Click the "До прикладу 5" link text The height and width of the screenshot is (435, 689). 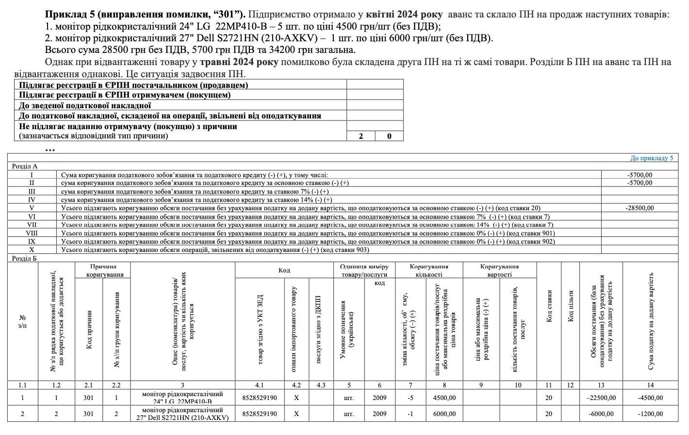tap(651, 158)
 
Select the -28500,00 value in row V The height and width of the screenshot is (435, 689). tap(640, 208)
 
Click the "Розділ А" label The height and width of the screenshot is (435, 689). tap(25, 166)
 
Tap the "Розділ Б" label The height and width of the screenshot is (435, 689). tap(25, 258)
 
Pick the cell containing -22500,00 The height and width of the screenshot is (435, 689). tap(601, 398)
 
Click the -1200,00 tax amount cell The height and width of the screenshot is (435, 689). tap(651, 414)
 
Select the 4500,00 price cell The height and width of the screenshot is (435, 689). tap(444, 398)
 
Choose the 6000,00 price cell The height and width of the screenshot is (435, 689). tap(444, 414)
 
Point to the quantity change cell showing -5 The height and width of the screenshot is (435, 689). tap(410, 398)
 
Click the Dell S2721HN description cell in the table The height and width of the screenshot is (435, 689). tap(182, 414)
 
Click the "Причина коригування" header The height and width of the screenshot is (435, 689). tap(103, 270)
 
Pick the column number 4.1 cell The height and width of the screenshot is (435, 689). tap(260, 385)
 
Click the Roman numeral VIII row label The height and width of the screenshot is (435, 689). tap(32, 233)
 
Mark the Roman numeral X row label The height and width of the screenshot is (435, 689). tap(32, 250)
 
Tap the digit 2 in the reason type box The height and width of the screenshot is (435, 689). tap(361, 136)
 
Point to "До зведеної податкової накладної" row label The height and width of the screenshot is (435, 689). tap(85, 105)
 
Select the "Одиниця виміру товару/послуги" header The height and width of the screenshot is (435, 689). tap(364, 270)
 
